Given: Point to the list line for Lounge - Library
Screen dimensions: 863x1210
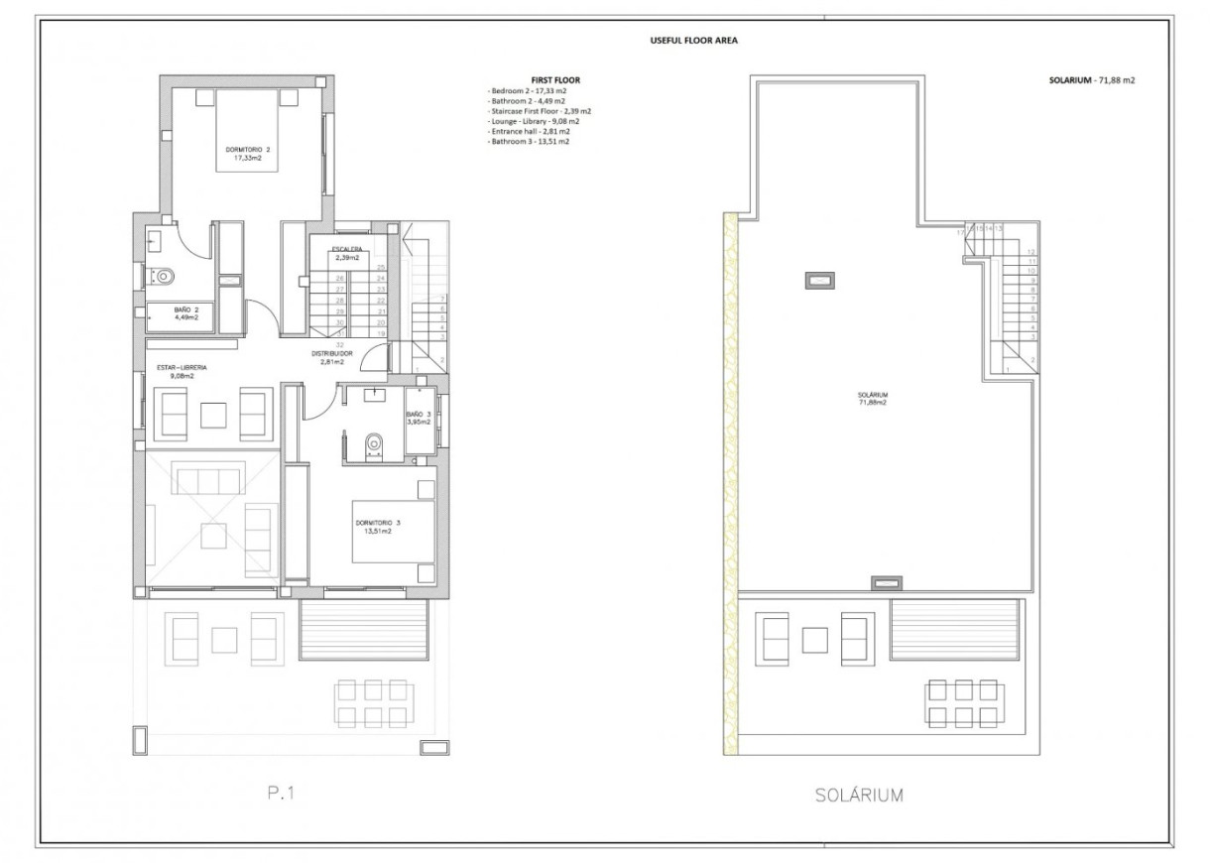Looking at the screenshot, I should pyautogui.click(x=532, y=121).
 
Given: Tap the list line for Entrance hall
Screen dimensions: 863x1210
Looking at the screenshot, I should pyautogui.click(x=529, y=132).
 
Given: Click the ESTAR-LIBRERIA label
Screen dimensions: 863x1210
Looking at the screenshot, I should pyautogui.click(x=181, y=368).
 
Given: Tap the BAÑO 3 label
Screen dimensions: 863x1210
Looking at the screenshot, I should pyautogui.click(x=419, y=415).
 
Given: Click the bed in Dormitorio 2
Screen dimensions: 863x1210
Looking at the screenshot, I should pyautogui.click(x=248, y=129).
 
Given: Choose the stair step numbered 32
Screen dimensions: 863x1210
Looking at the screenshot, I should pyautogui.click(x=339, y=345).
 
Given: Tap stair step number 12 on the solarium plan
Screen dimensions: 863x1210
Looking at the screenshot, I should pyautogui.click(x=1031, y=252).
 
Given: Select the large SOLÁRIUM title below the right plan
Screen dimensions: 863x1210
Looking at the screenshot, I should pyautogui.click(x=858, y=795).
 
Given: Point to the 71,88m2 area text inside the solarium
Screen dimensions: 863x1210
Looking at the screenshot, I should pyautogui.click(x=872, y=403).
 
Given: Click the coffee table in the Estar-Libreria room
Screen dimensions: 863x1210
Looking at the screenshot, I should pyautogui.click(x=214, y=414).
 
